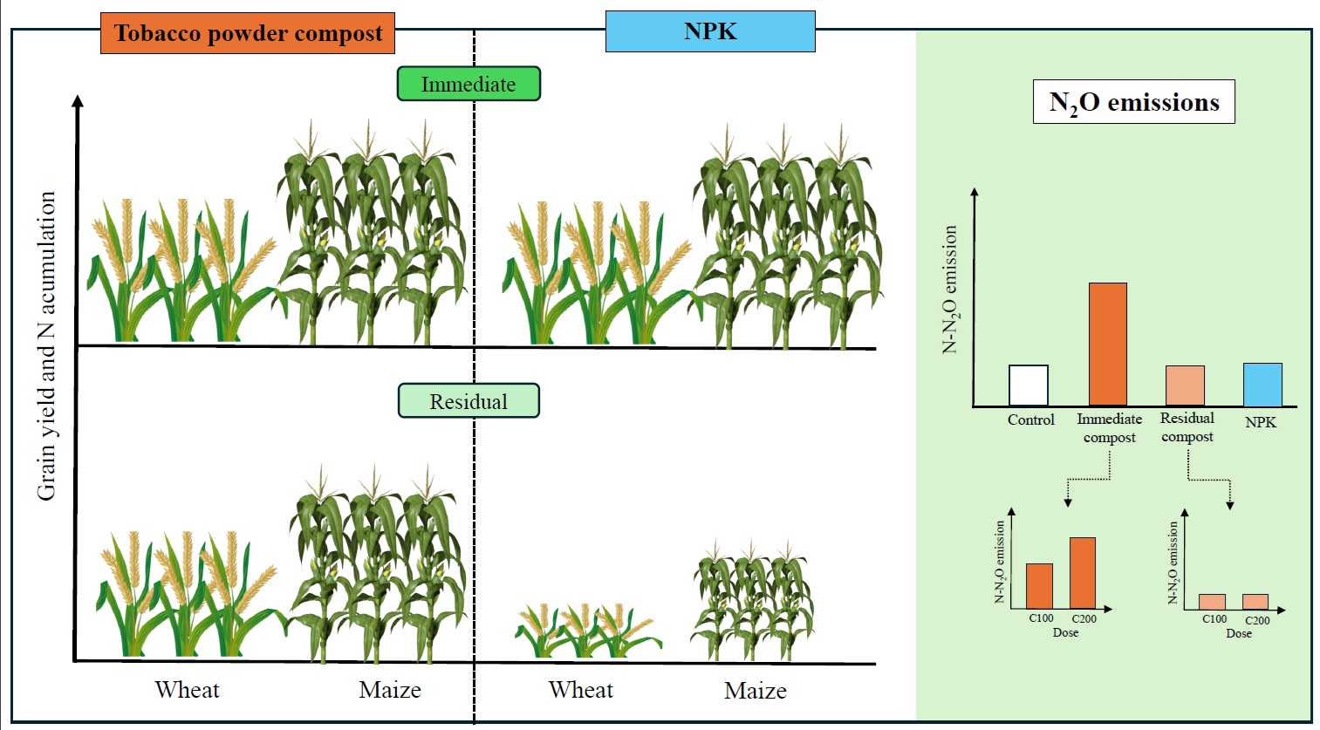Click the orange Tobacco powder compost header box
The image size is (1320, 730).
click(248, 33)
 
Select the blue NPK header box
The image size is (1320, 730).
click(710, 31)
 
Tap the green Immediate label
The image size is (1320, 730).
click(468, 84)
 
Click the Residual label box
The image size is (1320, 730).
click(468, 401)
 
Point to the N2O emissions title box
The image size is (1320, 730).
click(1133, 102)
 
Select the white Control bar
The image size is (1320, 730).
click(1029, 385)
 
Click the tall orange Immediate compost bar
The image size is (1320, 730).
click(1108, 345)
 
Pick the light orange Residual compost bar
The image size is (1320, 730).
click(1186, 385)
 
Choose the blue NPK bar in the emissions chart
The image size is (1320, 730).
click(1262, 385)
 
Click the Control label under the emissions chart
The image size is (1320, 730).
click(1030, 420)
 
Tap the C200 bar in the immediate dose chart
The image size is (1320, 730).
click(1083, 573)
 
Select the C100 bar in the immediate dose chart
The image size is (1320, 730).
click(1039, 586)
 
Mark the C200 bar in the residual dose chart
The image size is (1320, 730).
click(1255, 602)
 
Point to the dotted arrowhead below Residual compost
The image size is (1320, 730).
click(1230, 504)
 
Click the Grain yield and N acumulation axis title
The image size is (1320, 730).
click(47, 345)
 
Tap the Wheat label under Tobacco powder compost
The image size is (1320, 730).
click(187, 690)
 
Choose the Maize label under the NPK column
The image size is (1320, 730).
click(755, 691)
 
